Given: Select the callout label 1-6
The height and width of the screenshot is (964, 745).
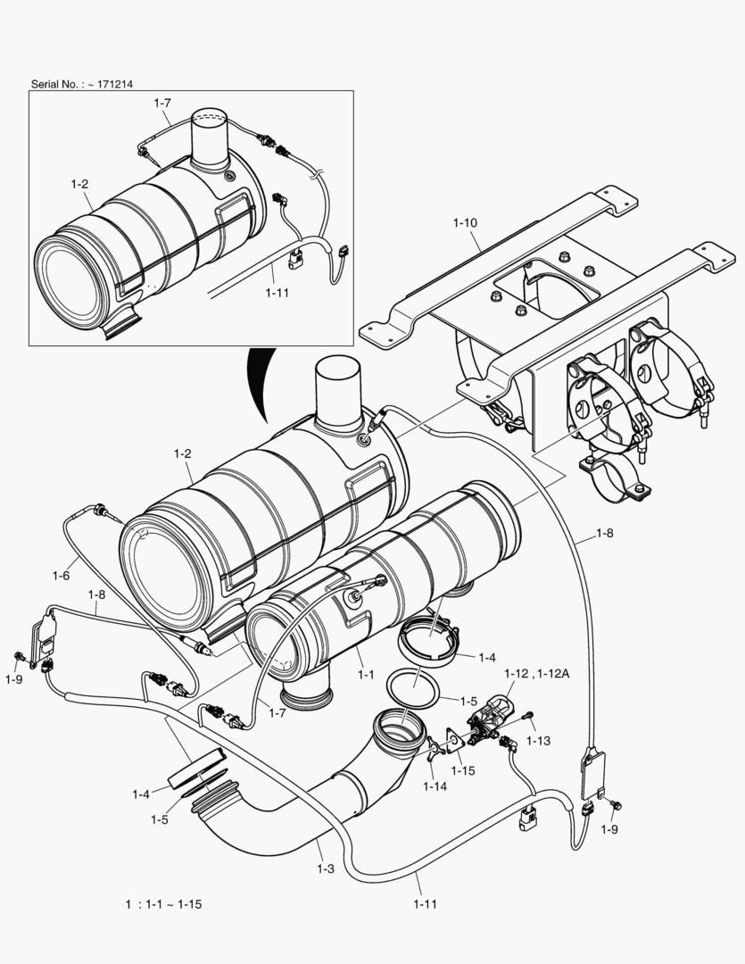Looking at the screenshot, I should pos(61,576).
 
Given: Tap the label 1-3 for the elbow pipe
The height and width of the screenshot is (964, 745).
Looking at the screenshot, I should pos(326,867).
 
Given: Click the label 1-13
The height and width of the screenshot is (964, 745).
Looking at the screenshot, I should pos(538,740).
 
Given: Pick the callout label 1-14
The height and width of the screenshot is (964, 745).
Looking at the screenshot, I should pos(435,785).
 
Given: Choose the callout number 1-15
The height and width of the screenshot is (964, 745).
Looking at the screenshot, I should pos(463,769).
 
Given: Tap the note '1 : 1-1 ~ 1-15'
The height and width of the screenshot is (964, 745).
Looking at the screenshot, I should pos(163,904).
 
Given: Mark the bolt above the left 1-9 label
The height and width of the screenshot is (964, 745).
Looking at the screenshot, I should pos(18,657).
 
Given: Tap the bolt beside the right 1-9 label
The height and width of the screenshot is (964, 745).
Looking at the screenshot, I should pos(614,806).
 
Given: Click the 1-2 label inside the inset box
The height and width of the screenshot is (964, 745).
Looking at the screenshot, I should pos(79,184).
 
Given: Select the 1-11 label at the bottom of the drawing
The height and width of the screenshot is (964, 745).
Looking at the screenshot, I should pos(426,904).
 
